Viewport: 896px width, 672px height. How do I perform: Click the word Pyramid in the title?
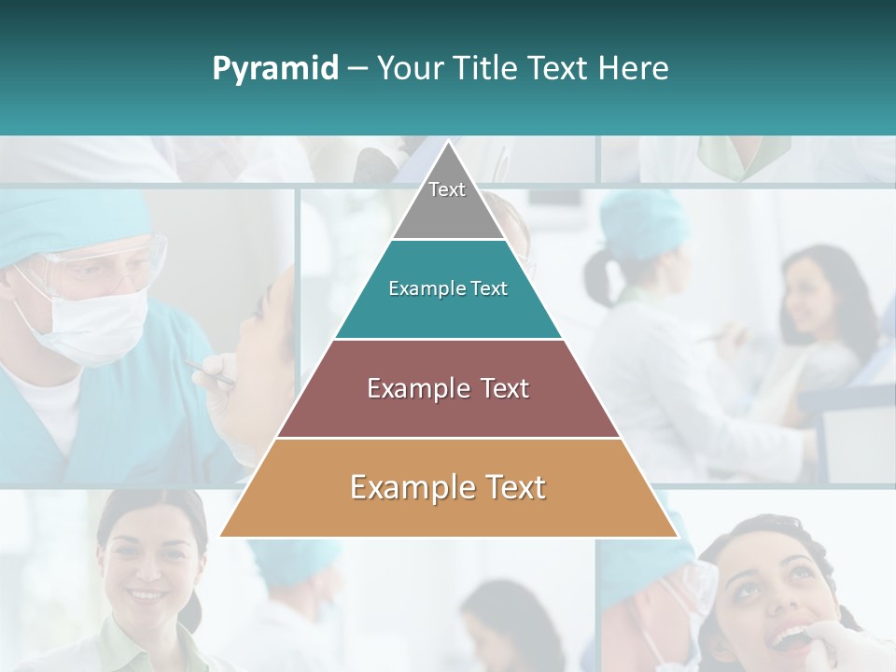point(274,69)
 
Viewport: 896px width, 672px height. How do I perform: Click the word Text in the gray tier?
point(447,189)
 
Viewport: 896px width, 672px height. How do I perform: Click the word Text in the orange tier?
point(512,487)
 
